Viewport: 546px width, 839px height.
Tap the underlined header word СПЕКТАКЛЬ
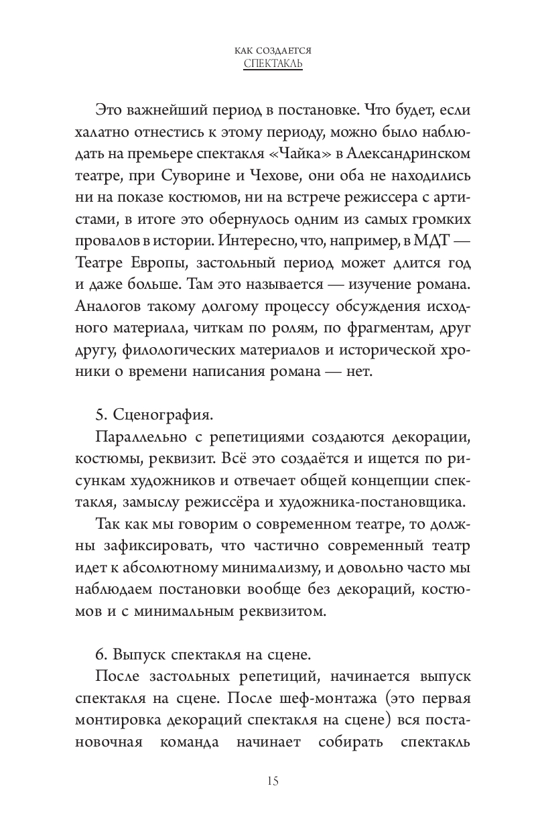coord(273,64)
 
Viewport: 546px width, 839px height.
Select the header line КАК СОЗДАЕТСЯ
coord(273,50)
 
